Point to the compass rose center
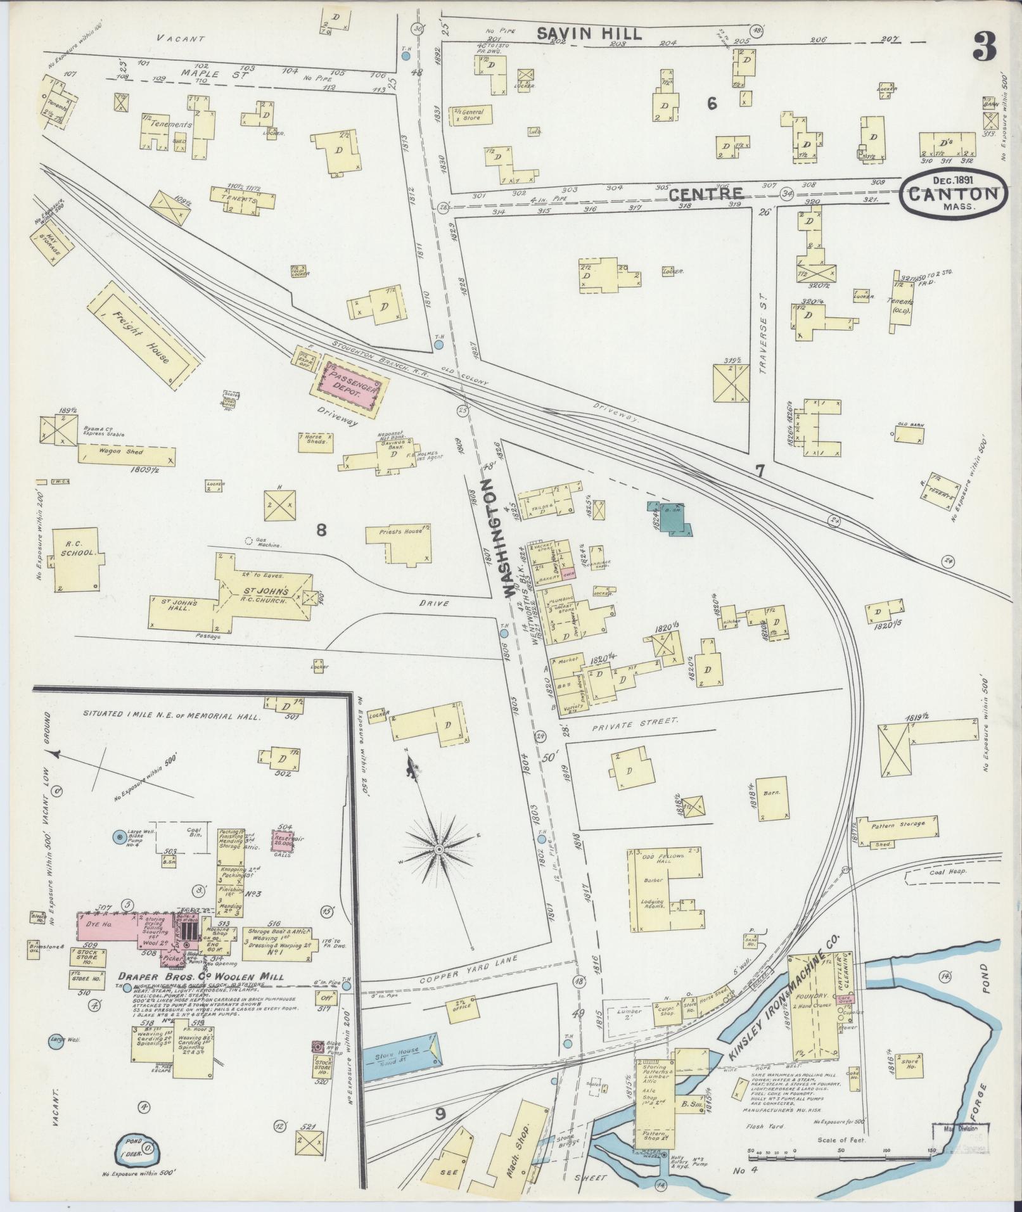coord(439,848)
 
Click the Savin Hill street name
coord(589,35)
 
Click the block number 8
coord(321,530)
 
